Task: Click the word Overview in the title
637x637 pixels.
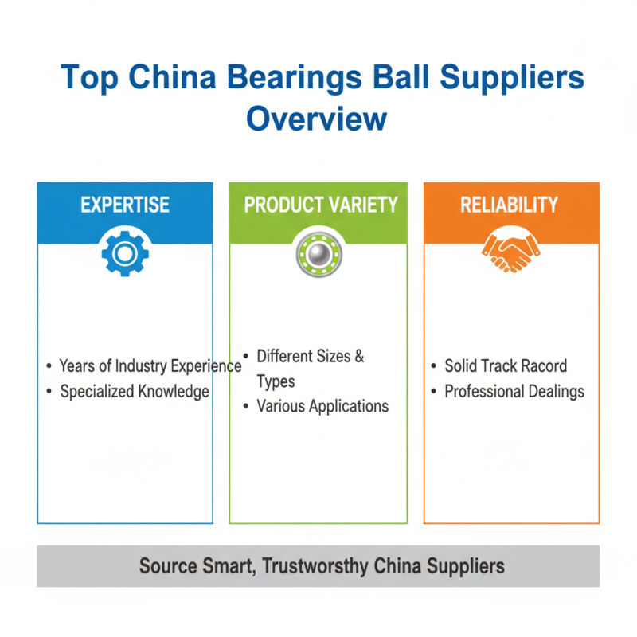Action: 316,119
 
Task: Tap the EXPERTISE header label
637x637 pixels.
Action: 125,205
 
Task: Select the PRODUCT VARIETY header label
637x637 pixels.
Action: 320,205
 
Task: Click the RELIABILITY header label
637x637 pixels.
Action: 510,205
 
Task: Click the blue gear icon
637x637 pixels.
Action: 125,253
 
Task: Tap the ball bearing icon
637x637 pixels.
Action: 318,253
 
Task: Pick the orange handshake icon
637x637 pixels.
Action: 510,253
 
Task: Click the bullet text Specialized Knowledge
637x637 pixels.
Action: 135,392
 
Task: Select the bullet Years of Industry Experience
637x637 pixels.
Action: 150,366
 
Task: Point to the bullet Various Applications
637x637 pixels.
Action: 322,407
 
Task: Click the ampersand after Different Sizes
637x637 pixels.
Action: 359,357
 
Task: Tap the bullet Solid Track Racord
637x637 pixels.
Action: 506,366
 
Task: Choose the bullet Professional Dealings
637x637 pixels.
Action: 514,392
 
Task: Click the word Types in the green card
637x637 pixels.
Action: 276,382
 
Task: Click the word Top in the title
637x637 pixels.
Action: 87,79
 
